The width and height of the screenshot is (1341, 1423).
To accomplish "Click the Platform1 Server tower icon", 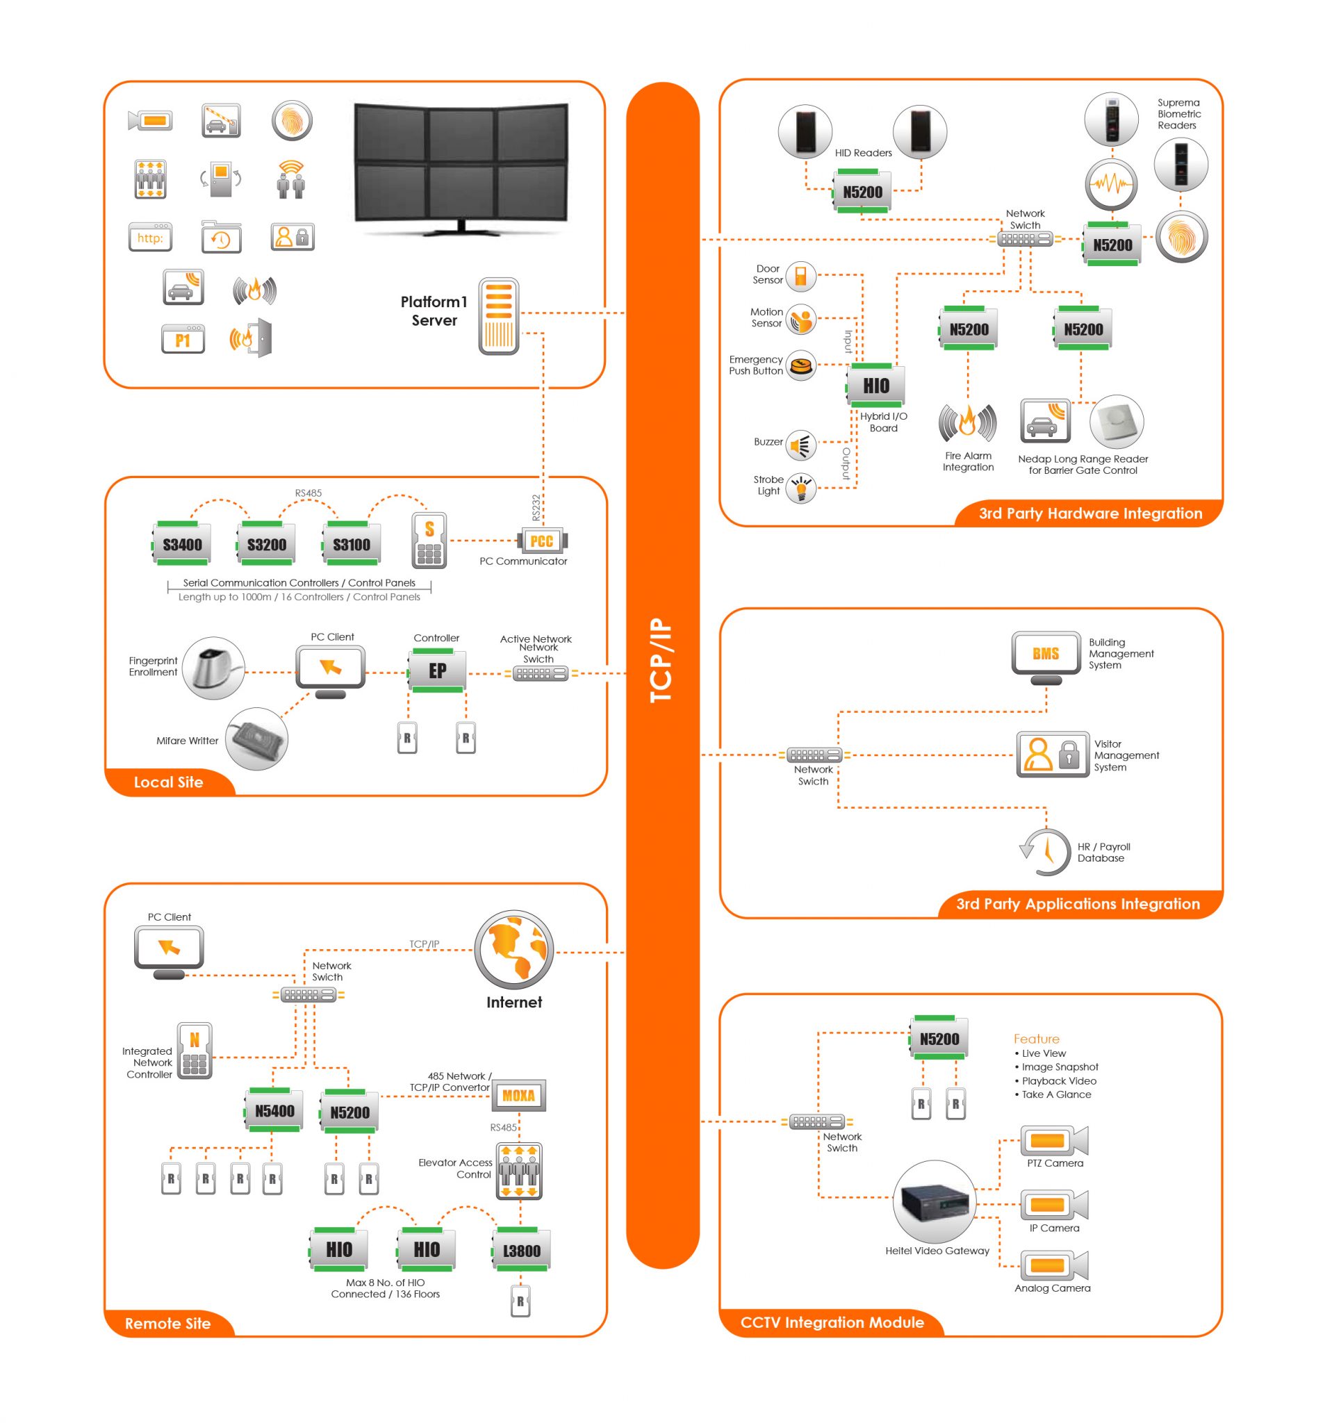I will point(498,315).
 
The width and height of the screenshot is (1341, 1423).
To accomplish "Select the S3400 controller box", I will point(181,545).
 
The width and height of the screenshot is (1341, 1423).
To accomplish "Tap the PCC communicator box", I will point(541,541).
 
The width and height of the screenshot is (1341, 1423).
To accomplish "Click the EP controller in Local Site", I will point(437,671).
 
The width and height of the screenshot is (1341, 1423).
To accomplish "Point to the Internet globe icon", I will point(513,950).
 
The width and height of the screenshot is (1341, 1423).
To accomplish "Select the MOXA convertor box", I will point(518,1095).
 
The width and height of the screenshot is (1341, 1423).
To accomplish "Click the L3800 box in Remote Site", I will point(521,1251).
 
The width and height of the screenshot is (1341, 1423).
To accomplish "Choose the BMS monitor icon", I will point(1045,654).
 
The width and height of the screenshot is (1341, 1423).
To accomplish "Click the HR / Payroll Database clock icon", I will point(1045,851).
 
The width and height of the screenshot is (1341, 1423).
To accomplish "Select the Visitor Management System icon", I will point(1053,755).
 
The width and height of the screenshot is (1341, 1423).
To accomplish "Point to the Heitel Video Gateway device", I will point(934,1202).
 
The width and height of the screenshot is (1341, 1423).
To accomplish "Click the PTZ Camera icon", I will point(1053,1140).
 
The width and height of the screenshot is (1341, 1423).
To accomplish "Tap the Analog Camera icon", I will point(1053,1265).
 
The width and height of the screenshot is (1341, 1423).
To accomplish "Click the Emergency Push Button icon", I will point(800,365).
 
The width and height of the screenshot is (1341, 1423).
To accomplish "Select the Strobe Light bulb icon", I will point(800,488).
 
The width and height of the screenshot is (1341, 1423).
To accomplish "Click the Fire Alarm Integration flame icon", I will point(967,422).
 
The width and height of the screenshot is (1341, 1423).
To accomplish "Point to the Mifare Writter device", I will point(256,739).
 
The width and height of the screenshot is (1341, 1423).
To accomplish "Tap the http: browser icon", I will point(150,237).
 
